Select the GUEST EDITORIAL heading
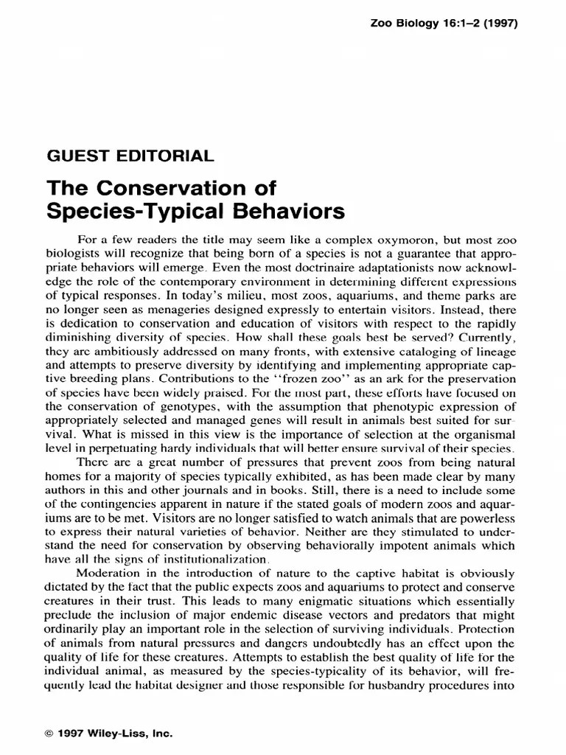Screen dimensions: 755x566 point(130,156)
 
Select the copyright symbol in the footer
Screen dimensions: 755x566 point(50,735)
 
